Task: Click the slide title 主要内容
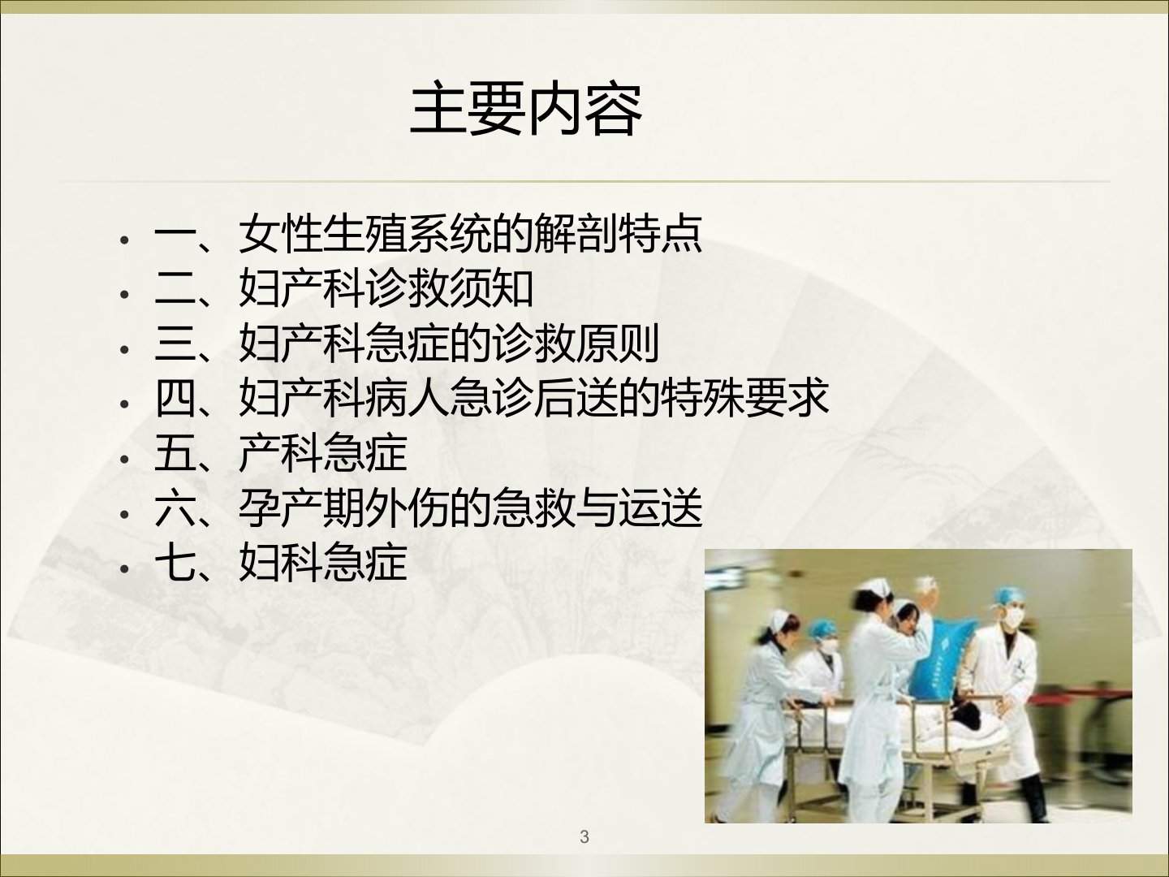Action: (x=526, y=110)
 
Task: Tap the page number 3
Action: (x=584, y=836)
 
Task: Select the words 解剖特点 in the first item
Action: (x=619, y=234)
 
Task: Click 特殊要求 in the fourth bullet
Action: (x=744, y=398)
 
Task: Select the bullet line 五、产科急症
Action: (x=281, y=454)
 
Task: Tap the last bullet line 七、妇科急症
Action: (x=281, y=564)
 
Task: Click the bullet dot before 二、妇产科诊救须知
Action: (x=125, y=295)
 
